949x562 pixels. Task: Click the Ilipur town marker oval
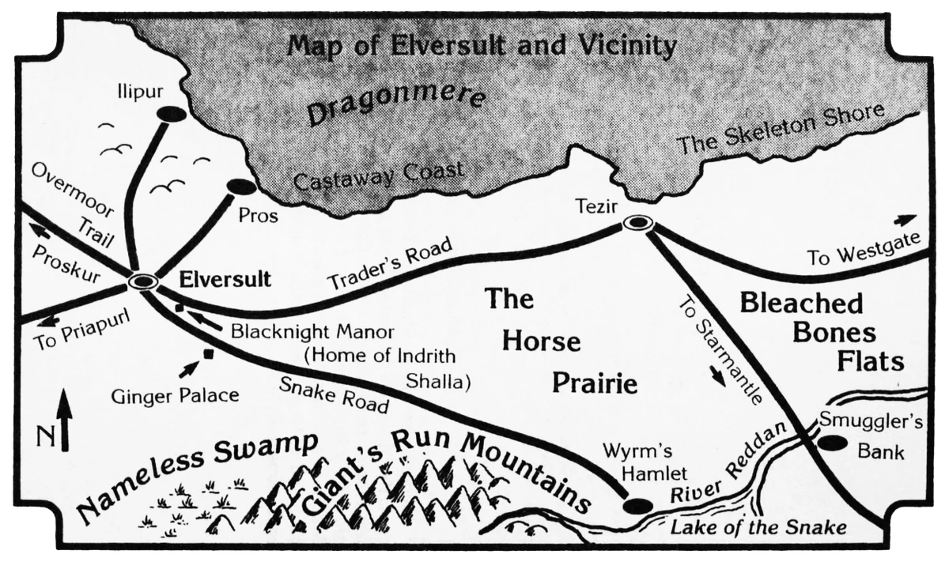[x=170, y=114]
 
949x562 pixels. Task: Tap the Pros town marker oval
[x=240, y=187]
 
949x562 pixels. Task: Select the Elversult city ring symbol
[x=145, y=281]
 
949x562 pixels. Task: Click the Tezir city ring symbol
[x=637, y=224]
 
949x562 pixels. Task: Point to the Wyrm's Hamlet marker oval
[x=637, y=505]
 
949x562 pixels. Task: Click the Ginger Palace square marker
[x=209, y=354]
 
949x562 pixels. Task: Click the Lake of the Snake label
[x=758, y=528]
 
